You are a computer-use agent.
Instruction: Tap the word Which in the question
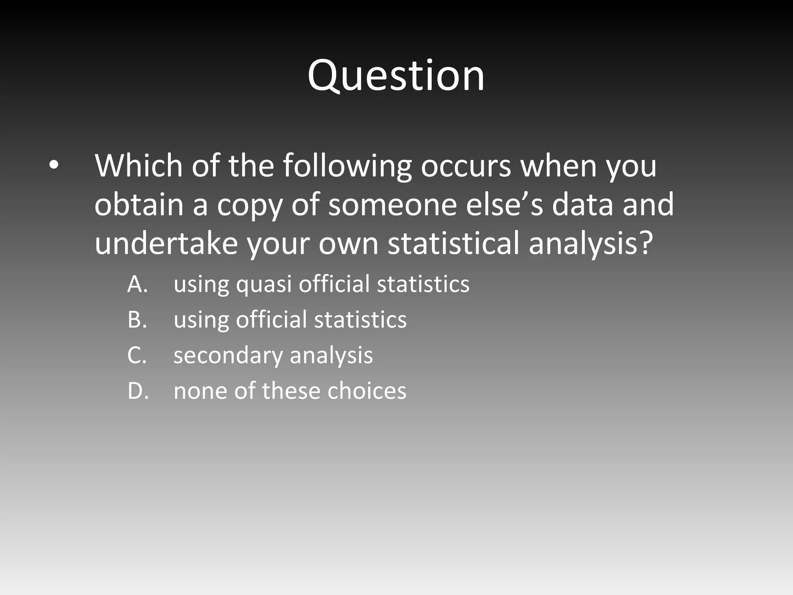138,166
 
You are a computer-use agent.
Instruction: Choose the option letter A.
137,284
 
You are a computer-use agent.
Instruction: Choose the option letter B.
137,320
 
